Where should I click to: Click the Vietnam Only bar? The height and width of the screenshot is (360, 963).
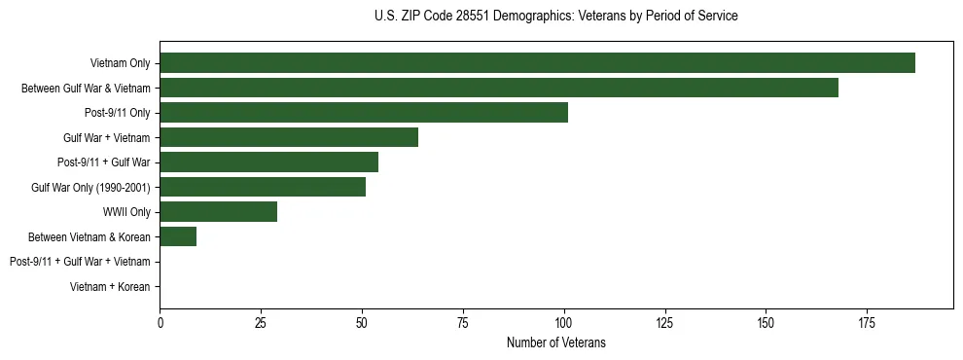[x=537, y=63]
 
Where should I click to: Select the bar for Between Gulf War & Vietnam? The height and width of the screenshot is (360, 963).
[x=499, y=88]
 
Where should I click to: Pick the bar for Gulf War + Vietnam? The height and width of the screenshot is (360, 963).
[x=289, y=137]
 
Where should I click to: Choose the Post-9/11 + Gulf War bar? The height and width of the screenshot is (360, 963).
[x=268, y=162]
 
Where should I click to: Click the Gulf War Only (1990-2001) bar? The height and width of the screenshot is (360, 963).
[x=263, y=187]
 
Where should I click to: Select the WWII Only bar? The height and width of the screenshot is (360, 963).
[x=218, y=211]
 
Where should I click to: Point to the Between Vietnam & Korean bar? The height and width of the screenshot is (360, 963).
[x=178, y=236]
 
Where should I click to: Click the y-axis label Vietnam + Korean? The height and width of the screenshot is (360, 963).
[x=110, y=287]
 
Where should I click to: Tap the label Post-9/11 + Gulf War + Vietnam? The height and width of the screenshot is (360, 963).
[x=80, y=262]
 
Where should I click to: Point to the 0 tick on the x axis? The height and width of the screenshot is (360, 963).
[x=160, y=321]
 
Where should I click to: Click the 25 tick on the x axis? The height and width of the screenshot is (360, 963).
[x=261, y=321]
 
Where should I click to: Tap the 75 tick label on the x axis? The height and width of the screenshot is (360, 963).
[x=463, y=321]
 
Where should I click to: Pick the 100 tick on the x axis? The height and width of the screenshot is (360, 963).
[x=563, y=321]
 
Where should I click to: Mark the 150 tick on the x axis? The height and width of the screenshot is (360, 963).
[x=766, y=321]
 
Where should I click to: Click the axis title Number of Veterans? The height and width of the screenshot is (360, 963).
[x=555, y=342]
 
